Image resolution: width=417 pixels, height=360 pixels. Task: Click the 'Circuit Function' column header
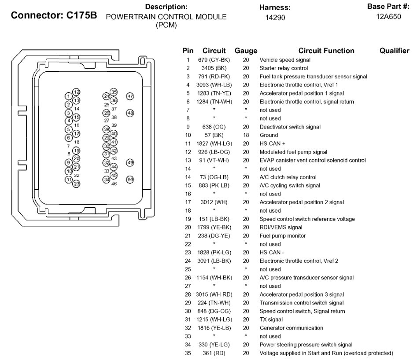(x=326, y=51)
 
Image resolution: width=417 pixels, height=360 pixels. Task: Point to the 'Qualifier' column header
(x=394, y=51)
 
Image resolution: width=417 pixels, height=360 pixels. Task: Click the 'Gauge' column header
(x=246, y=51)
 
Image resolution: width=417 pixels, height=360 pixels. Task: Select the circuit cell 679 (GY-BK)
(x=214, y=60)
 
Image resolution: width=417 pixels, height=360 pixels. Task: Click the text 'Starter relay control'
(x=284, y=68)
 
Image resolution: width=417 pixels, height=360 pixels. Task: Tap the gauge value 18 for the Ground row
(x=246, y=135)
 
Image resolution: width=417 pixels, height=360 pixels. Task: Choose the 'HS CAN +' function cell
(x=269, y=143)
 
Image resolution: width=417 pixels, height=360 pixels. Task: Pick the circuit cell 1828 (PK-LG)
(x=214, y=253)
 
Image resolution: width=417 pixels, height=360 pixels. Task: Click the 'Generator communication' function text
(x=291, y=328)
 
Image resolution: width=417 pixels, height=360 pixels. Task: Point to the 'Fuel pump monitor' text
(x=282, y=236)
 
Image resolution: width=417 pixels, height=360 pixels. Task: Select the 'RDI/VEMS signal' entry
(x=280, y=228)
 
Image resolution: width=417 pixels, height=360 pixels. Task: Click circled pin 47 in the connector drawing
(x=130, y=96)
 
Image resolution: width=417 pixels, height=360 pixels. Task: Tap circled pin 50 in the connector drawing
(x=130, y=180)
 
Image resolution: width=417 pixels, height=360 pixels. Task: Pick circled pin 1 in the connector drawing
(x=68, y=96)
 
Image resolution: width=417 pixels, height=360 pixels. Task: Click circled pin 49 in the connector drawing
(x=130, y=163)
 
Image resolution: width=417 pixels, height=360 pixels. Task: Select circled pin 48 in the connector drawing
(x=130, y=113)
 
